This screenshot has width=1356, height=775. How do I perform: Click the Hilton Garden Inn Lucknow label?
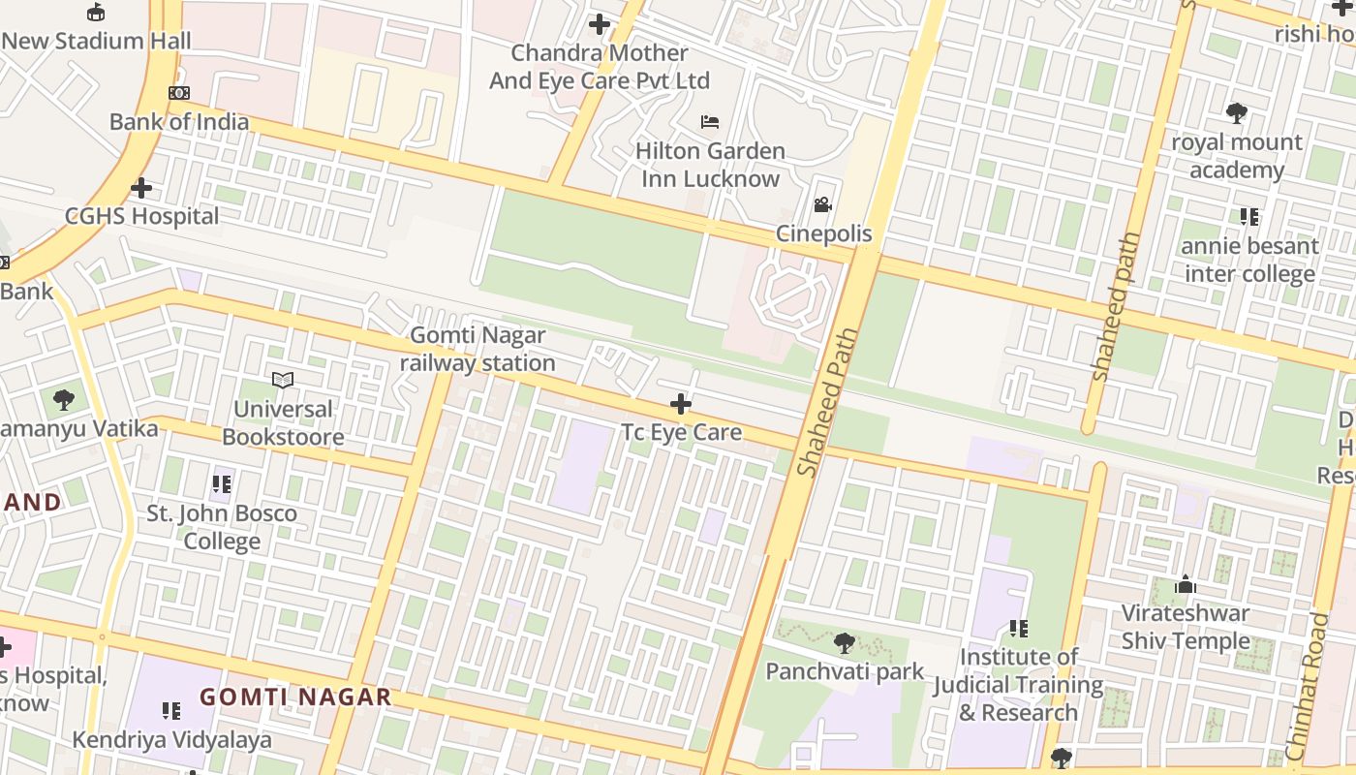coord(710,165)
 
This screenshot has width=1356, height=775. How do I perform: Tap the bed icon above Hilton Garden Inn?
coord(710,122)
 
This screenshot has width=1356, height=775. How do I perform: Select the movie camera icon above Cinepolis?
coord(823,204)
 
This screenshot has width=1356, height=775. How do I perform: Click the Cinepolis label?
coord(823,233)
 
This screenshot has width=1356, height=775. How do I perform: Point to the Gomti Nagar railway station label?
coord(478,349)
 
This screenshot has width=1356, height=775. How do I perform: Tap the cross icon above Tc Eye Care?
coord(681,403)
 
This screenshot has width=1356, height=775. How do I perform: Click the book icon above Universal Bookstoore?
coord(283,380)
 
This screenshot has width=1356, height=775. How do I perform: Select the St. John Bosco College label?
coord(222,527)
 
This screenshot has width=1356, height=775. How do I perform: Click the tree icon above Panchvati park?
coord(845,642)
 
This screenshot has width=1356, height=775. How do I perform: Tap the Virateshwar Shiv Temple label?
coord(1186,627)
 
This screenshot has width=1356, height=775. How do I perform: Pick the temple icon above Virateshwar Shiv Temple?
coord(1186,585)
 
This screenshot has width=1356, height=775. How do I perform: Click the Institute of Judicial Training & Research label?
coord(1018,684)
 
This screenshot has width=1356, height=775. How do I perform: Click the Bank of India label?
coord(179,122)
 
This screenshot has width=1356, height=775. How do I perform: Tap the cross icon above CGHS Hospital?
coord(141,187)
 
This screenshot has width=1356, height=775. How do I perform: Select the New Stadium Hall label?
coord(96,41)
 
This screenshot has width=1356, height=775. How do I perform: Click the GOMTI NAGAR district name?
coord(295,697)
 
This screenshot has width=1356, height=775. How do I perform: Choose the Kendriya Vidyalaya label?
coord(172,740)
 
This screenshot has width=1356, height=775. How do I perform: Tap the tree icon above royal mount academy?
coord(1236,113)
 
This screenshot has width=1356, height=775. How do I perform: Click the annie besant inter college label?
coord(1249,260)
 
